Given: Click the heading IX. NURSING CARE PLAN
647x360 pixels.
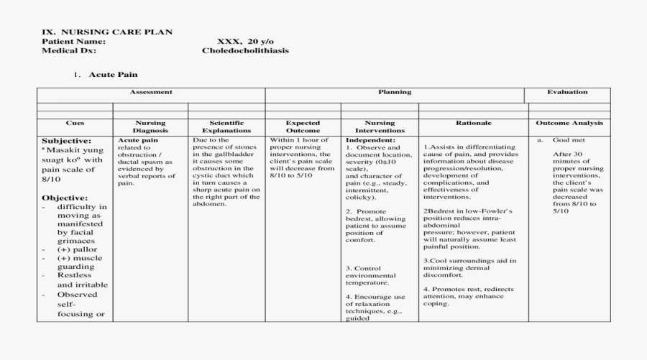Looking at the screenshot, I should coord(106,32).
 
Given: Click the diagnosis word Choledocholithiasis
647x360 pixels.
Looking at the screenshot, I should coord(246,51).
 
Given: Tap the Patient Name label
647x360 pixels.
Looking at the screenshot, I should coord(73,42).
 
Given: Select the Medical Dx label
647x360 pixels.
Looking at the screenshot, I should coord(68,51).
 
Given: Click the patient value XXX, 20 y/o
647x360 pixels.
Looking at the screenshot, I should coord(246,42).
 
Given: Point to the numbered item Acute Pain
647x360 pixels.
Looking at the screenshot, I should coord(113,74).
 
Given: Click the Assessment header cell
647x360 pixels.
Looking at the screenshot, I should coord(151,92).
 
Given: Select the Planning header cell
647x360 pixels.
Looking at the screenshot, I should coord(395,92).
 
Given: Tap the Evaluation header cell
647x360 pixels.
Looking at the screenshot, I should coord(567,92).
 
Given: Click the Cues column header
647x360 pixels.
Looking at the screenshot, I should coord(75,123).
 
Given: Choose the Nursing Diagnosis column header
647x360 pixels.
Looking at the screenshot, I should coord(150,126).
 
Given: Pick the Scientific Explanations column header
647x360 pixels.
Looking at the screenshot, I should coord(226,126).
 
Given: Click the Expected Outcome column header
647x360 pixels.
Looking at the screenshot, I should coord(303,126).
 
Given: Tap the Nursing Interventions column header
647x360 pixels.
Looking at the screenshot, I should coord(380,126).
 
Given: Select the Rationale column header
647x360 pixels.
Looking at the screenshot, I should coord(474,123).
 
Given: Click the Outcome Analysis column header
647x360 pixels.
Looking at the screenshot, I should coord(569,123).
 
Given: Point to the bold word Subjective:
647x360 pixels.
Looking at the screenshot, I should coord(66,141).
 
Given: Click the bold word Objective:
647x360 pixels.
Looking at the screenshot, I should coord(65,198).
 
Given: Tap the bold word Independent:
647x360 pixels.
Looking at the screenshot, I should coord(370,139).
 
